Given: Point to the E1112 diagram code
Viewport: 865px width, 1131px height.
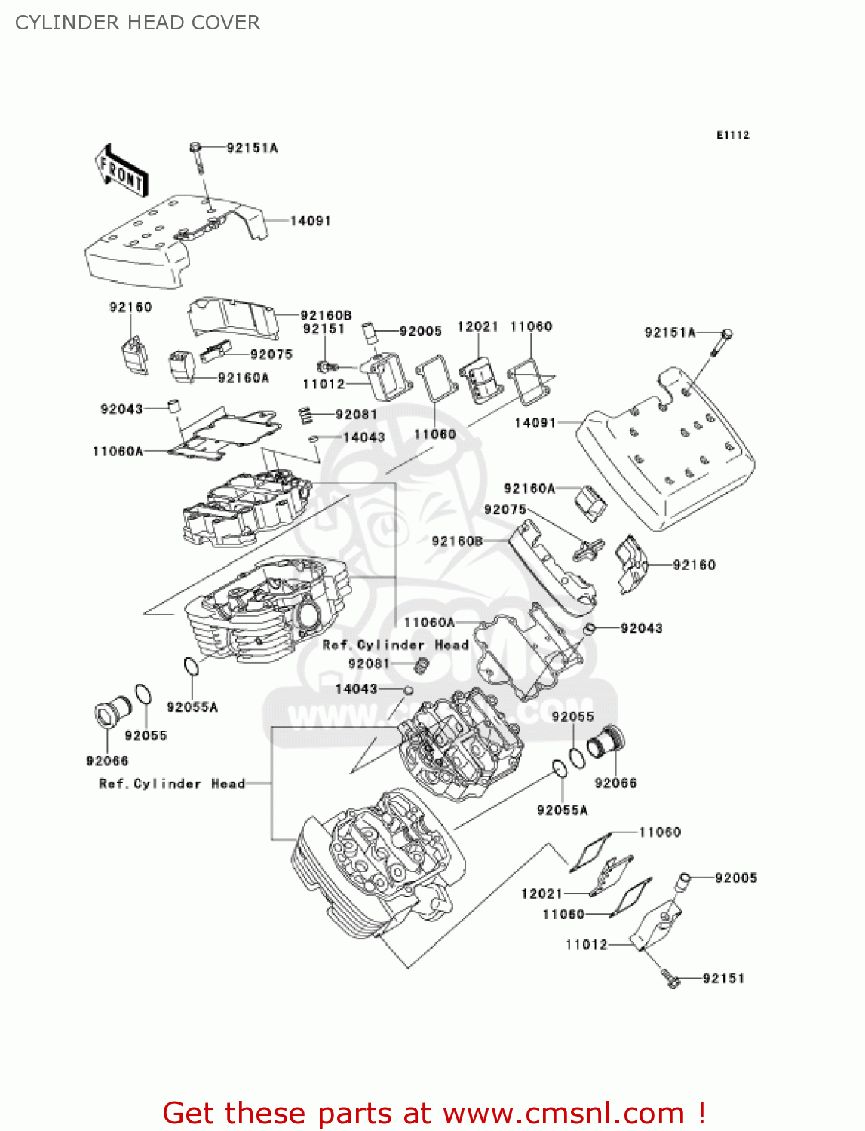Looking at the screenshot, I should pyautogui.click(x=732, y=135).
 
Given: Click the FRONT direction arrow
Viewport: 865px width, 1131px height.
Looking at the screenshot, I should pyautogui.click(x=121, y=172).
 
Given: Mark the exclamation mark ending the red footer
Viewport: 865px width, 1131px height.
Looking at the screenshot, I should pyautogui.click(x=701, y=1113).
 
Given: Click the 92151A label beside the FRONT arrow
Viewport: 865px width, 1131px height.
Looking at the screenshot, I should pyautogui.click(x=252, y=148).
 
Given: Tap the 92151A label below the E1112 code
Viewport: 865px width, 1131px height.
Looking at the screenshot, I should pyautogui.click(x=670, y=333).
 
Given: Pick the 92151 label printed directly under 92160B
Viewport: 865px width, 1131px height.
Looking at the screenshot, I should pyautogui.click(x=324, y=329).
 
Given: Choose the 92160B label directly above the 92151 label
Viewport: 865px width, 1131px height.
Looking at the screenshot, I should pyautogui.click(x=326, y=315).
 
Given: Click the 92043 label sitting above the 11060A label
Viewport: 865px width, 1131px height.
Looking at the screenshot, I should pyautogui.click(x=121, y=409).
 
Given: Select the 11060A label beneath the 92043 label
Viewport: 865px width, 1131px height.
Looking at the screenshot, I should pyautogui.click(x=118, y=451).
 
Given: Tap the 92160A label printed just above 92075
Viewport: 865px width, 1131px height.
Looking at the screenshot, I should pyautogui.click(x=529, y=489).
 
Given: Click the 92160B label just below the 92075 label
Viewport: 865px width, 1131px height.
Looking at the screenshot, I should pyautogui.click(x=457, y=541).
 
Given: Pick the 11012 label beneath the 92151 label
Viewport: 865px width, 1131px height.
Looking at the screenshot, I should pyautogui.click(x=324, y=384).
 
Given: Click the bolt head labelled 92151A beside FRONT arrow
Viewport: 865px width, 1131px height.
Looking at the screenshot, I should pyautogui.click(x=195, y=146).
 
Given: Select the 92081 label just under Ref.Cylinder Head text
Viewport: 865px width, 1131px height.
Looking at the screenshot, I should pyautogui.click(x=369, y=664).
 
